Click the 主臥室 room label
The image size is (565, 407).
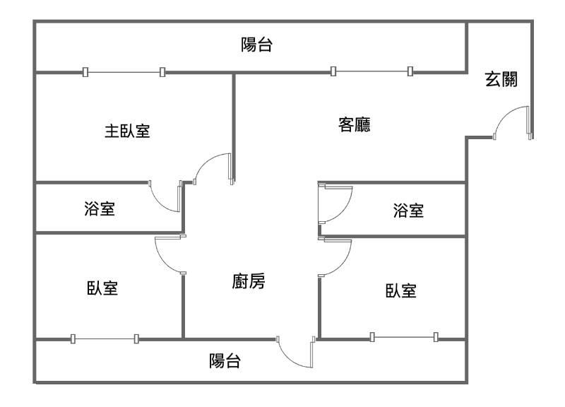pyautogui.click(x=127, y=131)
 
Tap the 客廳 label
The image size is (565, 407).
pyautogui.click(x=355, y=125)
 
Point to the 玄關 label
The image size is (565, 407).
pyautogui.click(x=501, y=79)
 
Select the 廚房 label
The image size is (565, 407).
pyautogui.click(x=249, y=282)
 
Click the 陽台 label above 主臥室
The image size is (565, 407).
pyautogui.click(x=257, y=46)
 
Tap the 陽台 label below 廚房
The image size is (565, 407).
pyautogui.click(x=225, y=362)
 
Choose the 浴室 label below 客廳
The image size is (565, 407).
pyautogui.click(x=408, y=210)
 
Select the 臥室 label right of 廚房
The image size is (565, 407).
pyautogui.click(x=400, y=290)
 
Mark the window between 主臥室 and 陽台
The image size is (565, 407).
pyautogui.click(x=124, y=71)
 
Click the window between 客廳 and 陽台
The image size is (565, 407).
pyautogui.click(x=371, y=71)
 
